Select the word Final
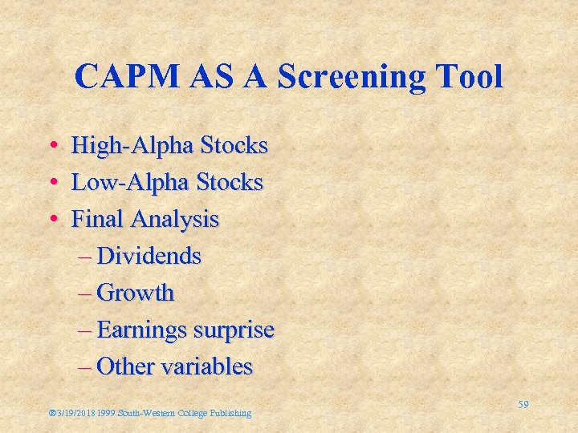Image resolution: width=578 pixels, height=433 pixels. [x=99, y=219]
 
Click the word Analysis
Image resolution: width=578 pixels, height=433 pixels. [x=175, y=220]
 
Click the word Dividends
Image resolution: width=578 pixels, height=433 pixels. [x=149, y=256]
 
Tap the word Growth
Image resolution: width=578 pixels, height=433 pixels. [x=135, y=293]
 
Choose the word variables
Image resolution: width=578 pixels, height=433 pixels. [x=207, y=366]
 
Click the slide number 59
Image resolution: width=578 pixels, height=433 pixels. [x=523, y=405]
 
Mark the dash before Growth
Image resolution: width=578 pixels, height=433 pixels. [x=87, y=293]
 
